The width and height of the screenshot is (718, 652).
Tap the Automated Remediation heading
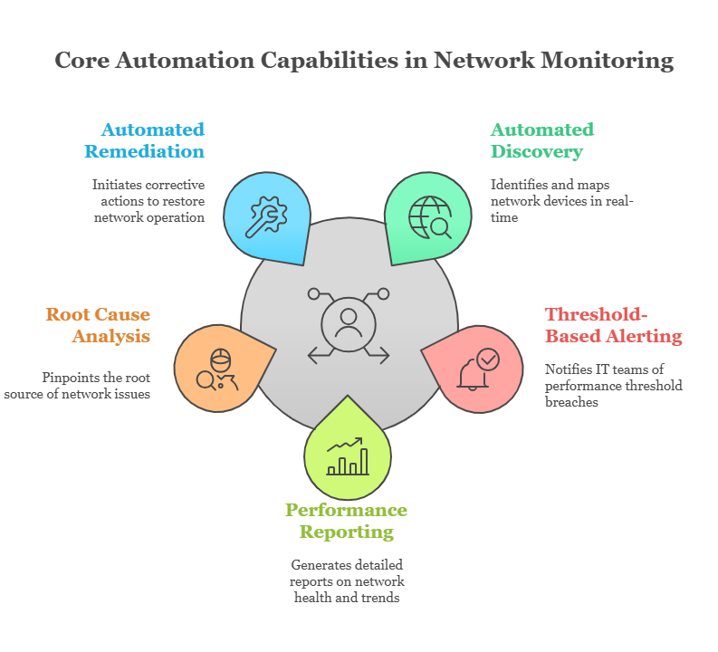(152, 139)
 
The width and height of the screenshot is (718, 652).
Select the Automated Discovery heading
(541, 139)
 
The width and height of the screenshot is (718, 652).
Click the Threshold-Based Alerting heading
(613, 325)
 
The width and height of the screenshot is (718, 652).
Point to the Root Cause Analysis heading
(98, 325)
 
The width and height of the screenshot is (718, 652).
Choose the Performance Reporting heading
(346, 521)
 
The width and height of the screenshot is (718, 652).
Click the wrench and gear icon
(266, 217)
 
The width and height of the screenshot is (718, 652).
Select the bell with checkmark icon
(477, 369)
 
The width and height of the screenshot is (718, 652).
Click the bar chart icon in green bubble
(348, 457)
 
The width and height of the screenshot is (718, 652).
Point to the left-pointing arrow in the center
(319, 355)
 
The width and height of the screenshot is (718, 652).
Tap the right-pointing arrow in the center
(378, 355)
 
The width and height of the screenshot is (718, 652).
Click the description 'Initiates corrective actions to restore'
(148, 193)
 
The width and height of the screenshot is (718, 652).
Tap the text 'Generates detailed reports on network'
(348, 572)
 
